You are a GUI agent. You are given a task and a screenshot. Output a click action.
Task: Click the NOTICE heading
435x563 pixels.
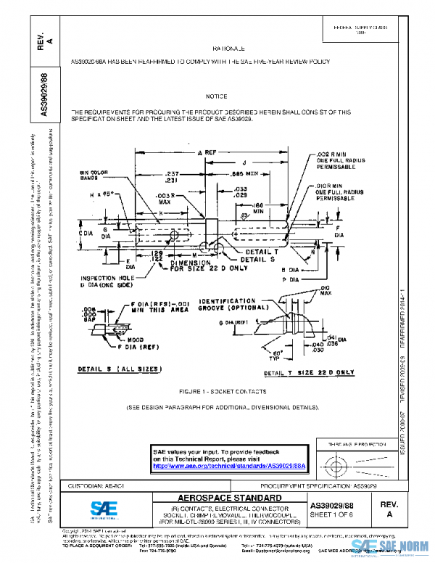coord(216,96)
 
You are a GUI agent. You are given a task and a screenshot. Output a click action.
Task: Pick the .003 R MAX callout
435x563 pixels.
coord(168,200)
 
